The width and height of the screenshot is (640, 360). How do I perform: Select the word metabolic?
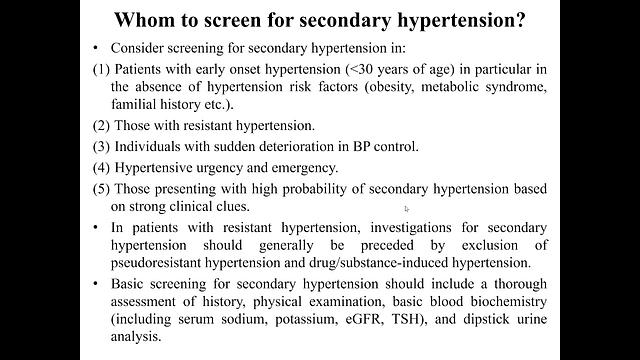pos(478,87)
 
